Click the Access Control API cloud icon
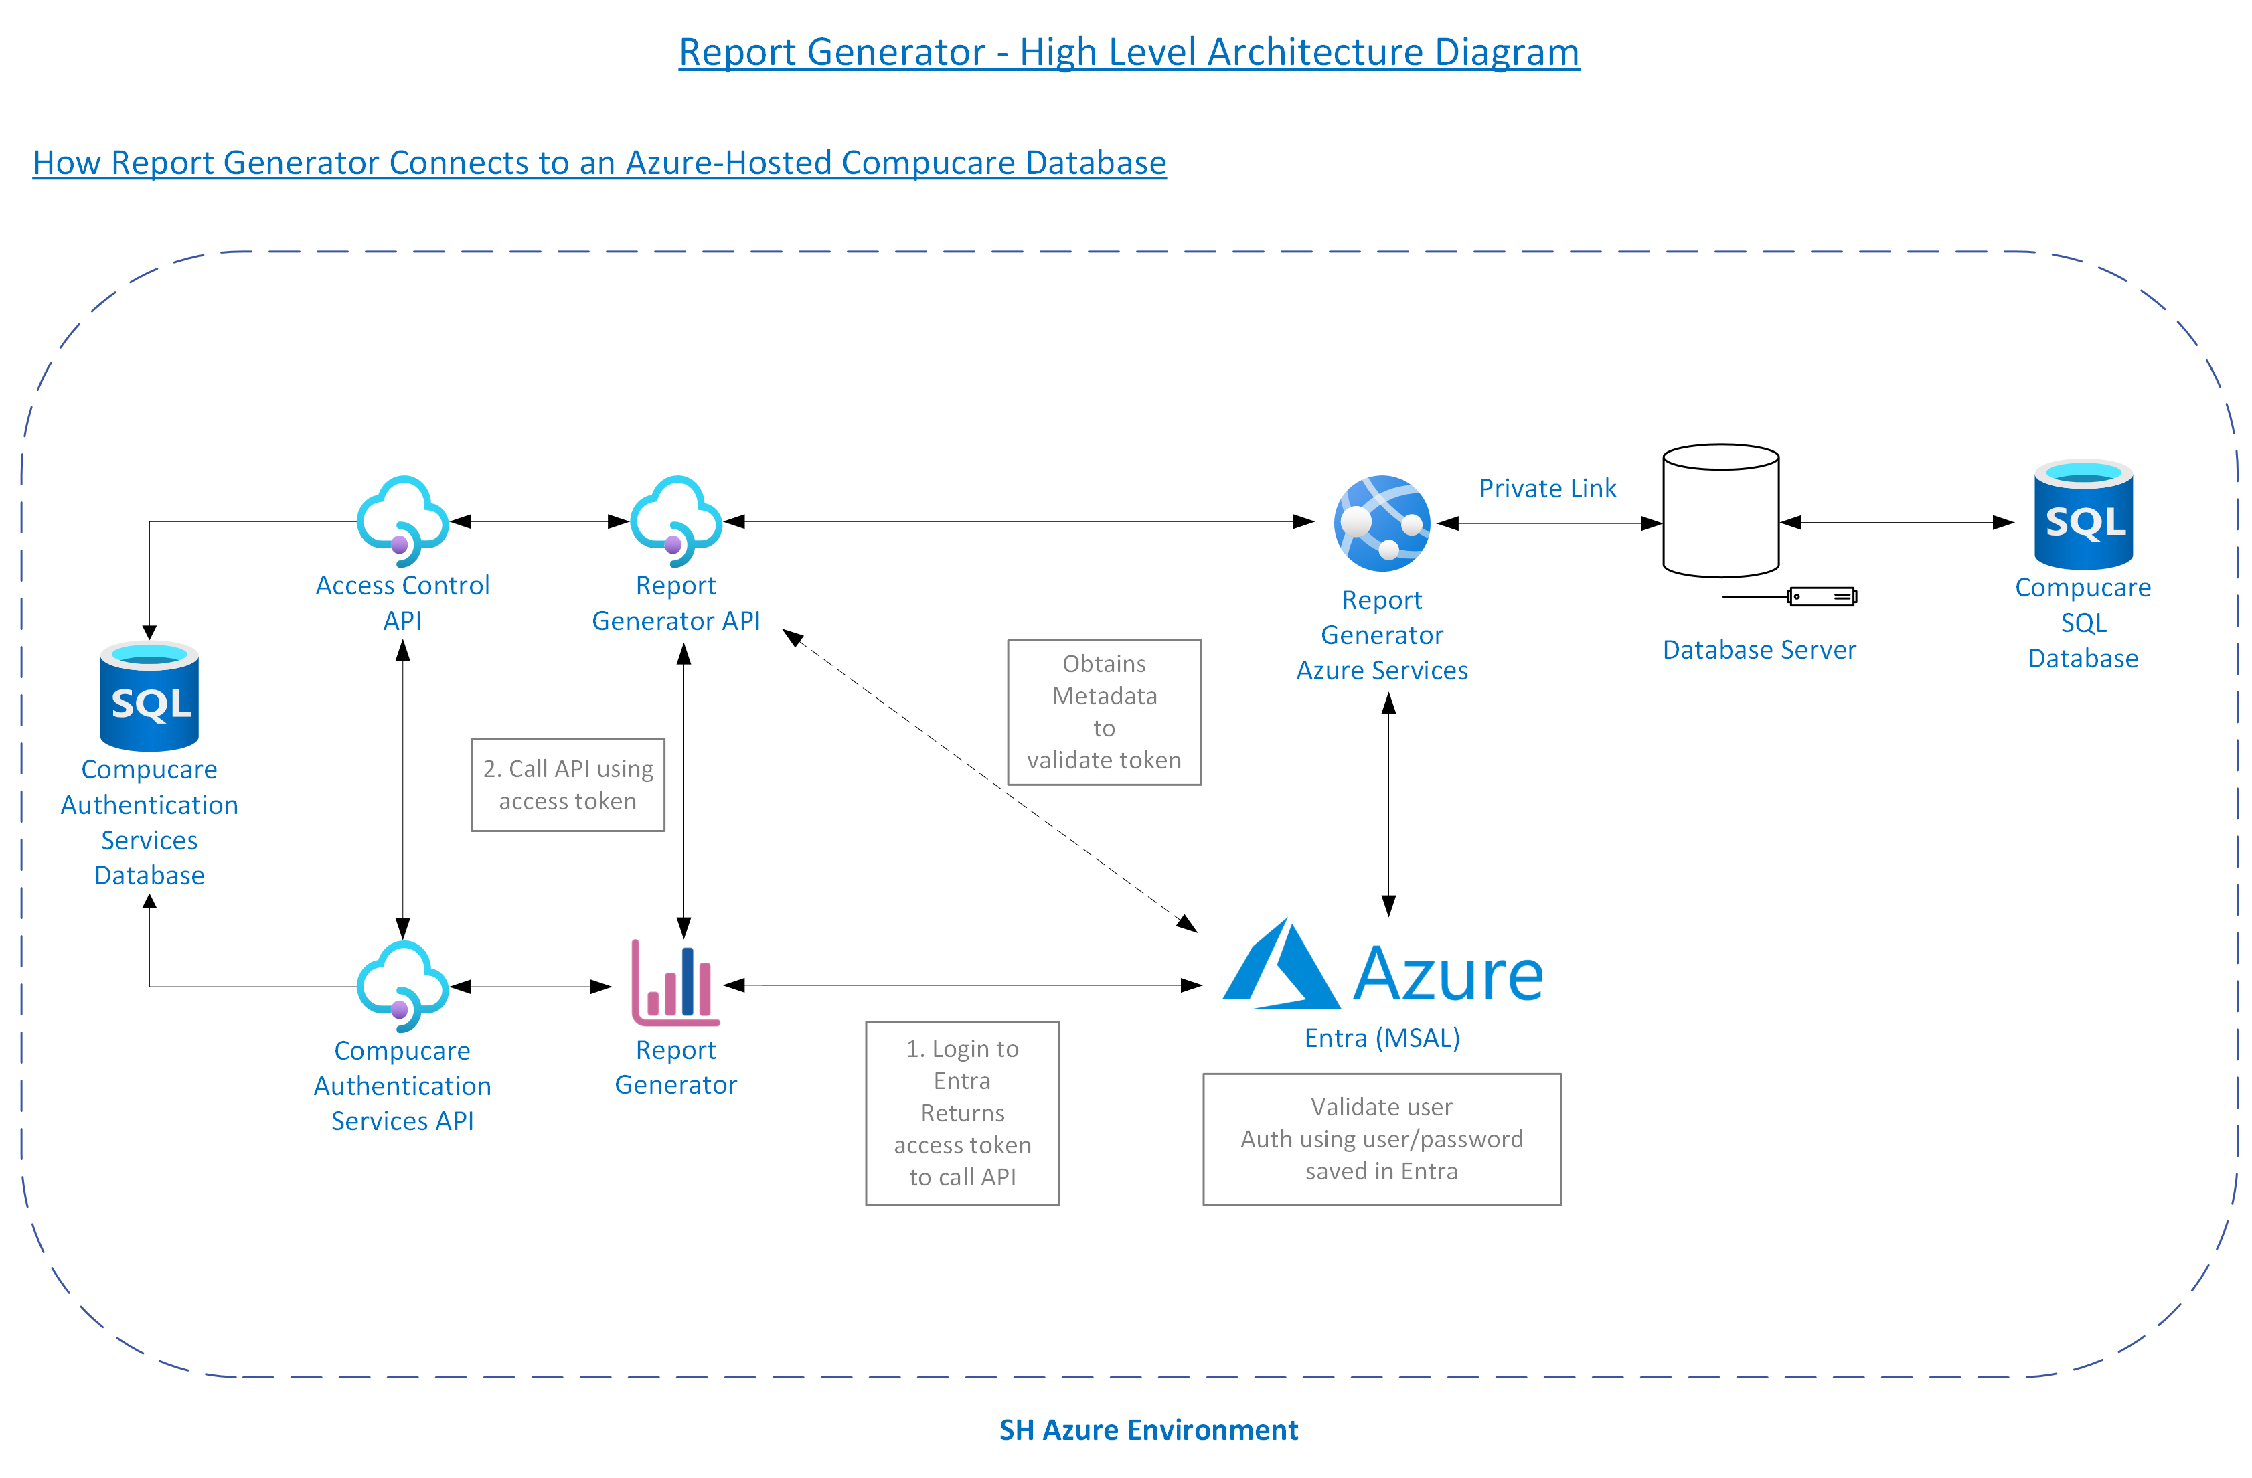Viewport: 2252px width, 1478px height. pyautogui.click(x=402, y=519)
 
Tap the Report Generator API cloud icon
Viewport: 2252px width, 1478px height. pyautogui.click(x=675, y=519)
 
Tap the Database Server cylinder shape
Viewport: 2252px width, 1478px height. pyautogui.click(x=1720, y=510)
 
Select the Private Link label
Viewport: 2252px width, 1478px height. pyautogui.click(x=1547, y=488)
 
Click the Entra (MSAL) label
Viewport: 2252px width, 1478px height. pyautogui.click(x=1382, y=1038)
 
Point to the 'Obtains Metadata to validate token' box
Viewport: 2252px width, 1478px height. pyautogui.click(x=1104, y=712)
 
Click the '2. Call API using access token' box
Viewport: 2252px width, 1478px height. pyautogui.click(x=568, y=785)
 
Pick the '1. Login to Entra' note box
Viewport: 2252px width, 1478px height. pyautogui.click(x=962, y=1113)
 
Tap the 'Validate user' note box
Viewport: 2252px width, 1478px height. pyautogui.click(x=1382, y=1139)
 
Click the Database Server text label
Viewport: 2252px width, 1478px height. pyautogui.click(x=1759, y=650)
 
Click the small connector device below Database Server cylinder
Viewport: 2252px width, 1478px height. pyautogui.click(x=1822, y=596)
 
